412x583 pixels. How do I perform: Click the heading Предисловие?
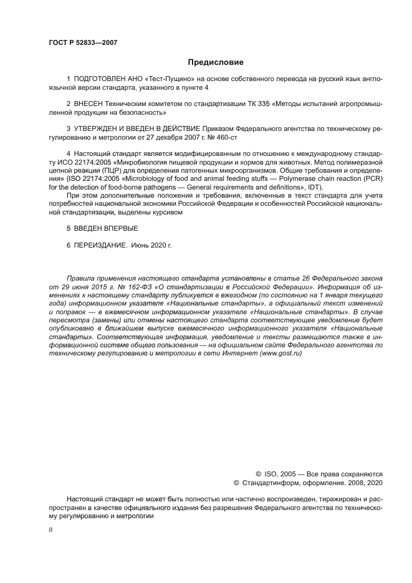pyautogui.click(x=215, y=62)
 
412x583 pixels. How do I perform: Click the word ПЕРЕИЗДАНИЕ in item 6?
pyautogui.click(x=100, y=246)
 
